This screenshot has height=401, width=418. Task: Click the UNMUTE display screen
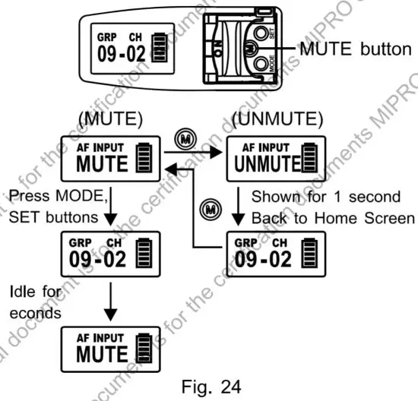[276, 158]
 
